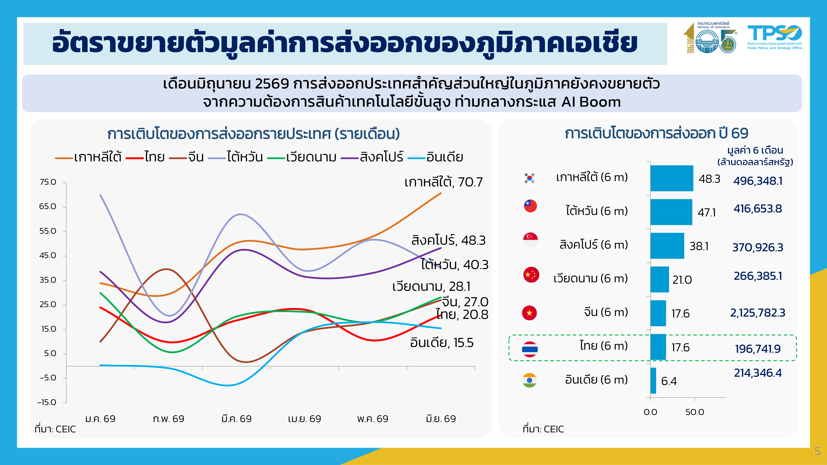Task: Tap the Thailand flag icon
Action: click(x=530, y=349)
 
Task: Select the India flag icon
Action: click(x=529, y=380)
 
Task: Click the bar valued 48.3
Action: click(x=672, y=178)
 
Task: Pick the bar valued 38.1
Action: click(x=667, y=246)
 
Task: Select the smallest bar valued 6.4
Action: click(x=653, y=381)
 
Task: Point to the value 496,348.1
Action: click(x=758, y=181)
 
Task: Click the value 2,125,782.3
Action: click(x=758, y=312)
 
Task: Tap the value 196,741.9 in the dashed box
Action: click(x=758, y=349)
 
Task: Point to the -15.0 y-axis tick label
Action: click(x=47, y=402)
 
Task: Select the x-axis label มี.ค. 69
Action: click(x=237, y=419)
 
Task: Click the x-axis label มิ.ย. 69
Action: click(x=441, y=419)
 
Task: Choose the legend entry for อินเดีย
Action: click(x=435, y=157)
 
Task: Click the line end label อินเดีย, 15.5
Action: click(x=442, y=343)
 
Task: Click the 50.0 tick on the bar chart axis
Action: click(x=695, y=412)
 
